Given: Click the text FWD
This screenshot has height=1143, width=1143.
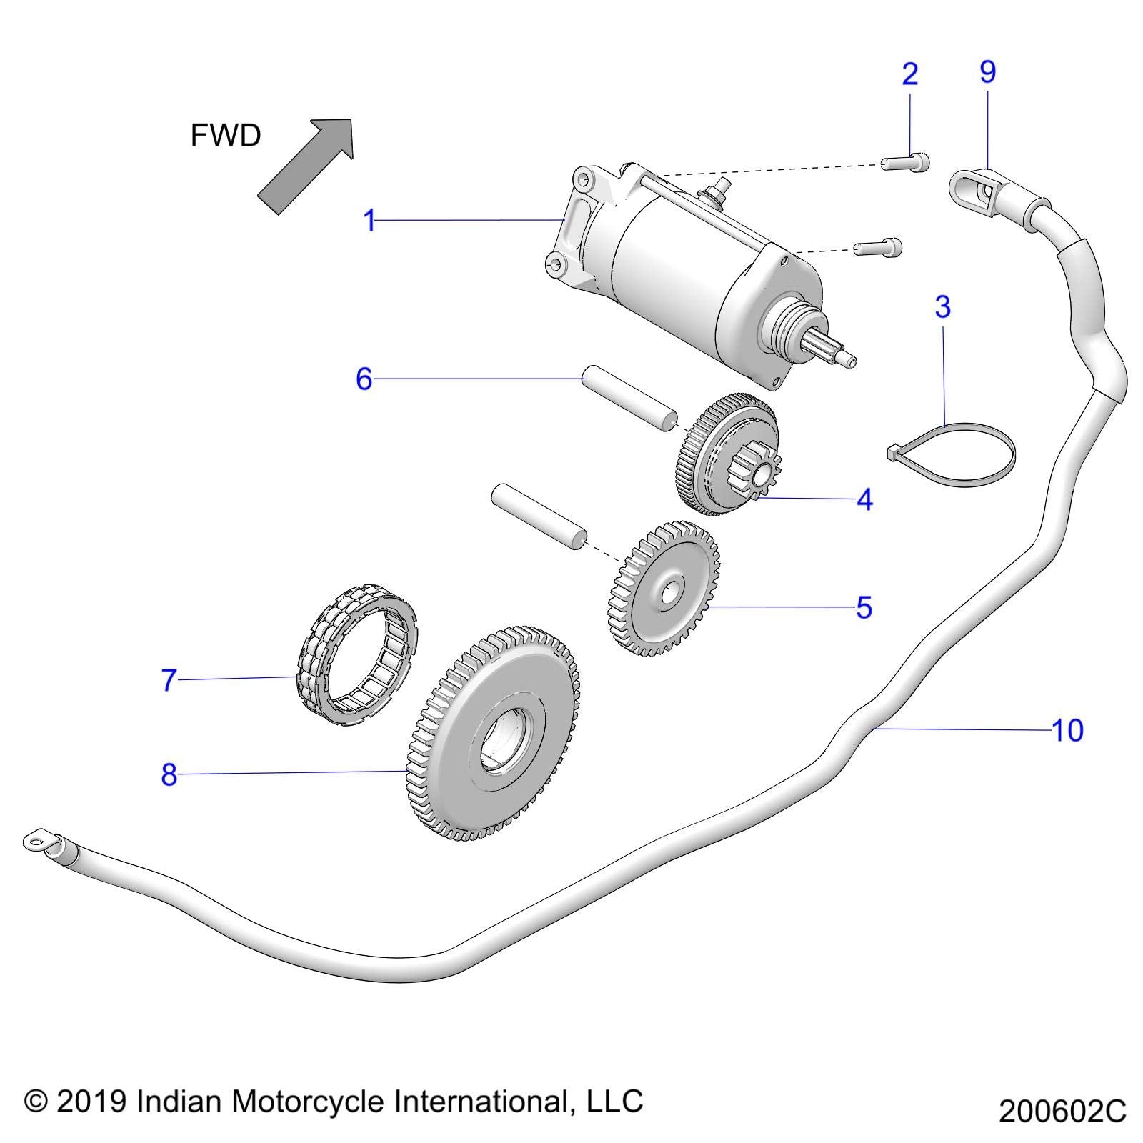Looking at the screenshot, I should pyautogui.click(x=226, y=136).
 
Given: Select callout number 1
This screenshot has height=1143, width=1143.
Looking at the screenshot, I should pyautogui.click(x=369, y=221).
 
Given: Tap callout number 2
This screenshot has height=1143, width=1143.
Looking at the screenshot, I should pyautogui.click(x=909, y=74).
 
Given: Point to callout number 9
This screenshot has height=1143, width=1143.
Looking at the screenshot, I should pyautogui.click(x=987, y=71).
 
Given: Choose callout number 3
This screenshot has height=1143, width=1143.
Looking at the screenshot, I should pyautogui.click(x=942, y=306).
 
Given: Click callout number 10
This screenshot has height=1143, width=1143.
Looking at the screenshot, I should pyautogui.click(x=1068, y=730).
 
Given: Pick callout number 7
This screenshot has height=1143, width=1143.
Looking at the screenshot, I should pyautogui.click(x=169, y=680).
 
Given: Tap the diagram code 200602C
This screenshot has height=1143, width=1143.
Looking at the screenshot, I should pyautogui.click(x=1062, y=1112).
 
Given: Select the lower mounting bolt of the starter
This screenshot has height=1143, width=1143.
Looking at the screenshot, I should pyautogui.click(x=879, y=247).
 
